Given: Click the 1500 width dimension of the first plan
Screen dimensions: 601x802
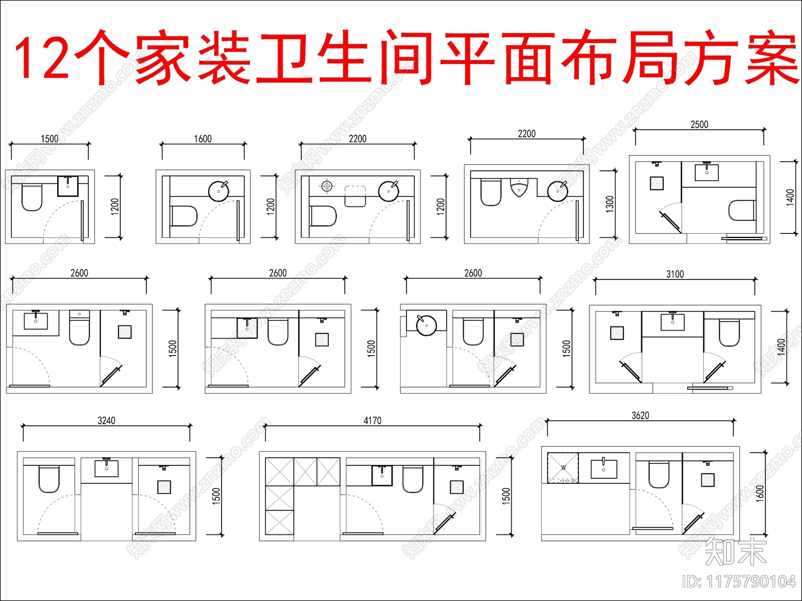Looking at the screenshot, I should (49, 139).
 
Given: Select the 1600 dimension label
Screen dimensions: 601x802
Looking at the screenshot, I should (203, 139).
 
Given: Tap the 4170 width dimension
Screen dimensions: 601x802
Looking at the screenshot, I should (372, 421).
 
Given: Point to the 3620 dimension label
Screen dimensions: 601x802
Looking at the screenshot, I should (640, 416).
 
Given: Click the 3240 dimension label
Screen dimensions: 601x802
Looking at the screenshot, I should (106, 421).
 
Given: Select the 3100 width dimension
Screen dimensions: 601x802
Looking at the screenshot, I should (675, 274).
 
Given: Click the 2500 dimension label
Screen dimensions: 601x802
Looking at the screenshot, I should (699, 124).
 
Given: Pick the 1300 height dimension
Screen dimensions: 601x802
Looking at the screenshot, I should (610, 204).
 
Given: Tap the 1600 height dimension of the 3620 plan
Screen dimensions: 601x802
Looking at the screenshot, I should (760, 493).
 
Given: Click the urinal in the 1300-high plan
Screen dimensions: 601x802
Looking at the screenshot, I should (519, 189).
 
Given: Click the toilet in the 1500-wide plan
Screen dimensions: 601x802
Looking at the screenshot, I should (32, 197).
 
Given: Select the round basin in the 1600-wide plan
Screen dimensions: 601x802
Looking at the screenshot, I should (219, 191).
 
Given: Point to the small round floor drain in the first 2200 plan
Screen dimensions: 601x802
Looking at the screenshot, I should (327, 186).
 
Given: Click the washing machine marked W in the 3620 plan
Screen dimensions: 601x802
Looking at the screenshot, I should (563, 468).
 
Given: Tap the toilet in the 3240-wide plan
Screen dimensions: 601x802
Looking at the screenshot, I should (49, 479).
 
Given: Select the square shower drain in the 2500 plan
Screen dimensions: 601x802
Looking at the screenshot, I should (657, 183).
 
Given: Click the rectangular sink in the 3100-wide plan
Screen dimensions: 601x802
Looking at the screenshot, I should (673, 322).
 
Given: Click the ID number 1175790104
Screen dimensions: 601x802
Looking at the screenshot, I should (750, 581).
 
